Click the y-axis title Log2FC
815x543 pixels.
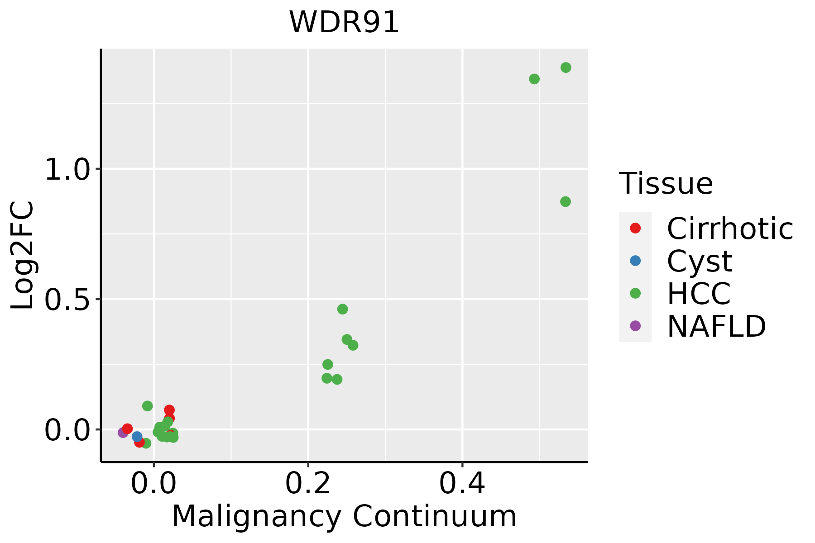point(23,256)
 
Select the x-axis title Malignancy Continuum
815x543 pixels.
point(344,516)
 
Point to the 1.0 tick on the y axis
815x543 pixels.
point(66,170)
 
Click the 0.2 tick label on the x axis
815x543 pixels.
point(308,484)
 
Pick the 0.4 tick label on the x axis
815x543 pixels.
point(462,484)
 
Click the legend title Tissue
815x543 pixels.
point(666,184)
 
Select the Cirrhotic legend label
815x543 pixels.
point(730,229)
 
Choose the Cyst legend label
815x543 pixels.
point(700,261)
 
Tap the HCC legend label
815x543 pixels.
point(699,293)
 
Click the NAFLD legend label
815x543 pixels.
point(716,326)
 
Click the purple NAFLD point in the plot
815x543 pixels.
point(123,433)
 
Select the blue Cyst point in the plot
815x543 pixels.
point(137,437)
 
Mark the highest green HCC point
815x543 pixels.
point(566,67)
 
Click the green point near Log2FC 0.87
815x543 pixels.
point(566,201)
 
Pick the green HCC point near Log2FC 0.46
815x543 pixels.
point(343,309)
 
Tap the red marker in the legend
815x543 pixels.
point(635,228)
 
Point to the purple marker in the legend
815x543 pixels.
point(635,325)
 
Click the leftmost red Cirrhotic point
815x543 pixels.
point(128,429)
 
